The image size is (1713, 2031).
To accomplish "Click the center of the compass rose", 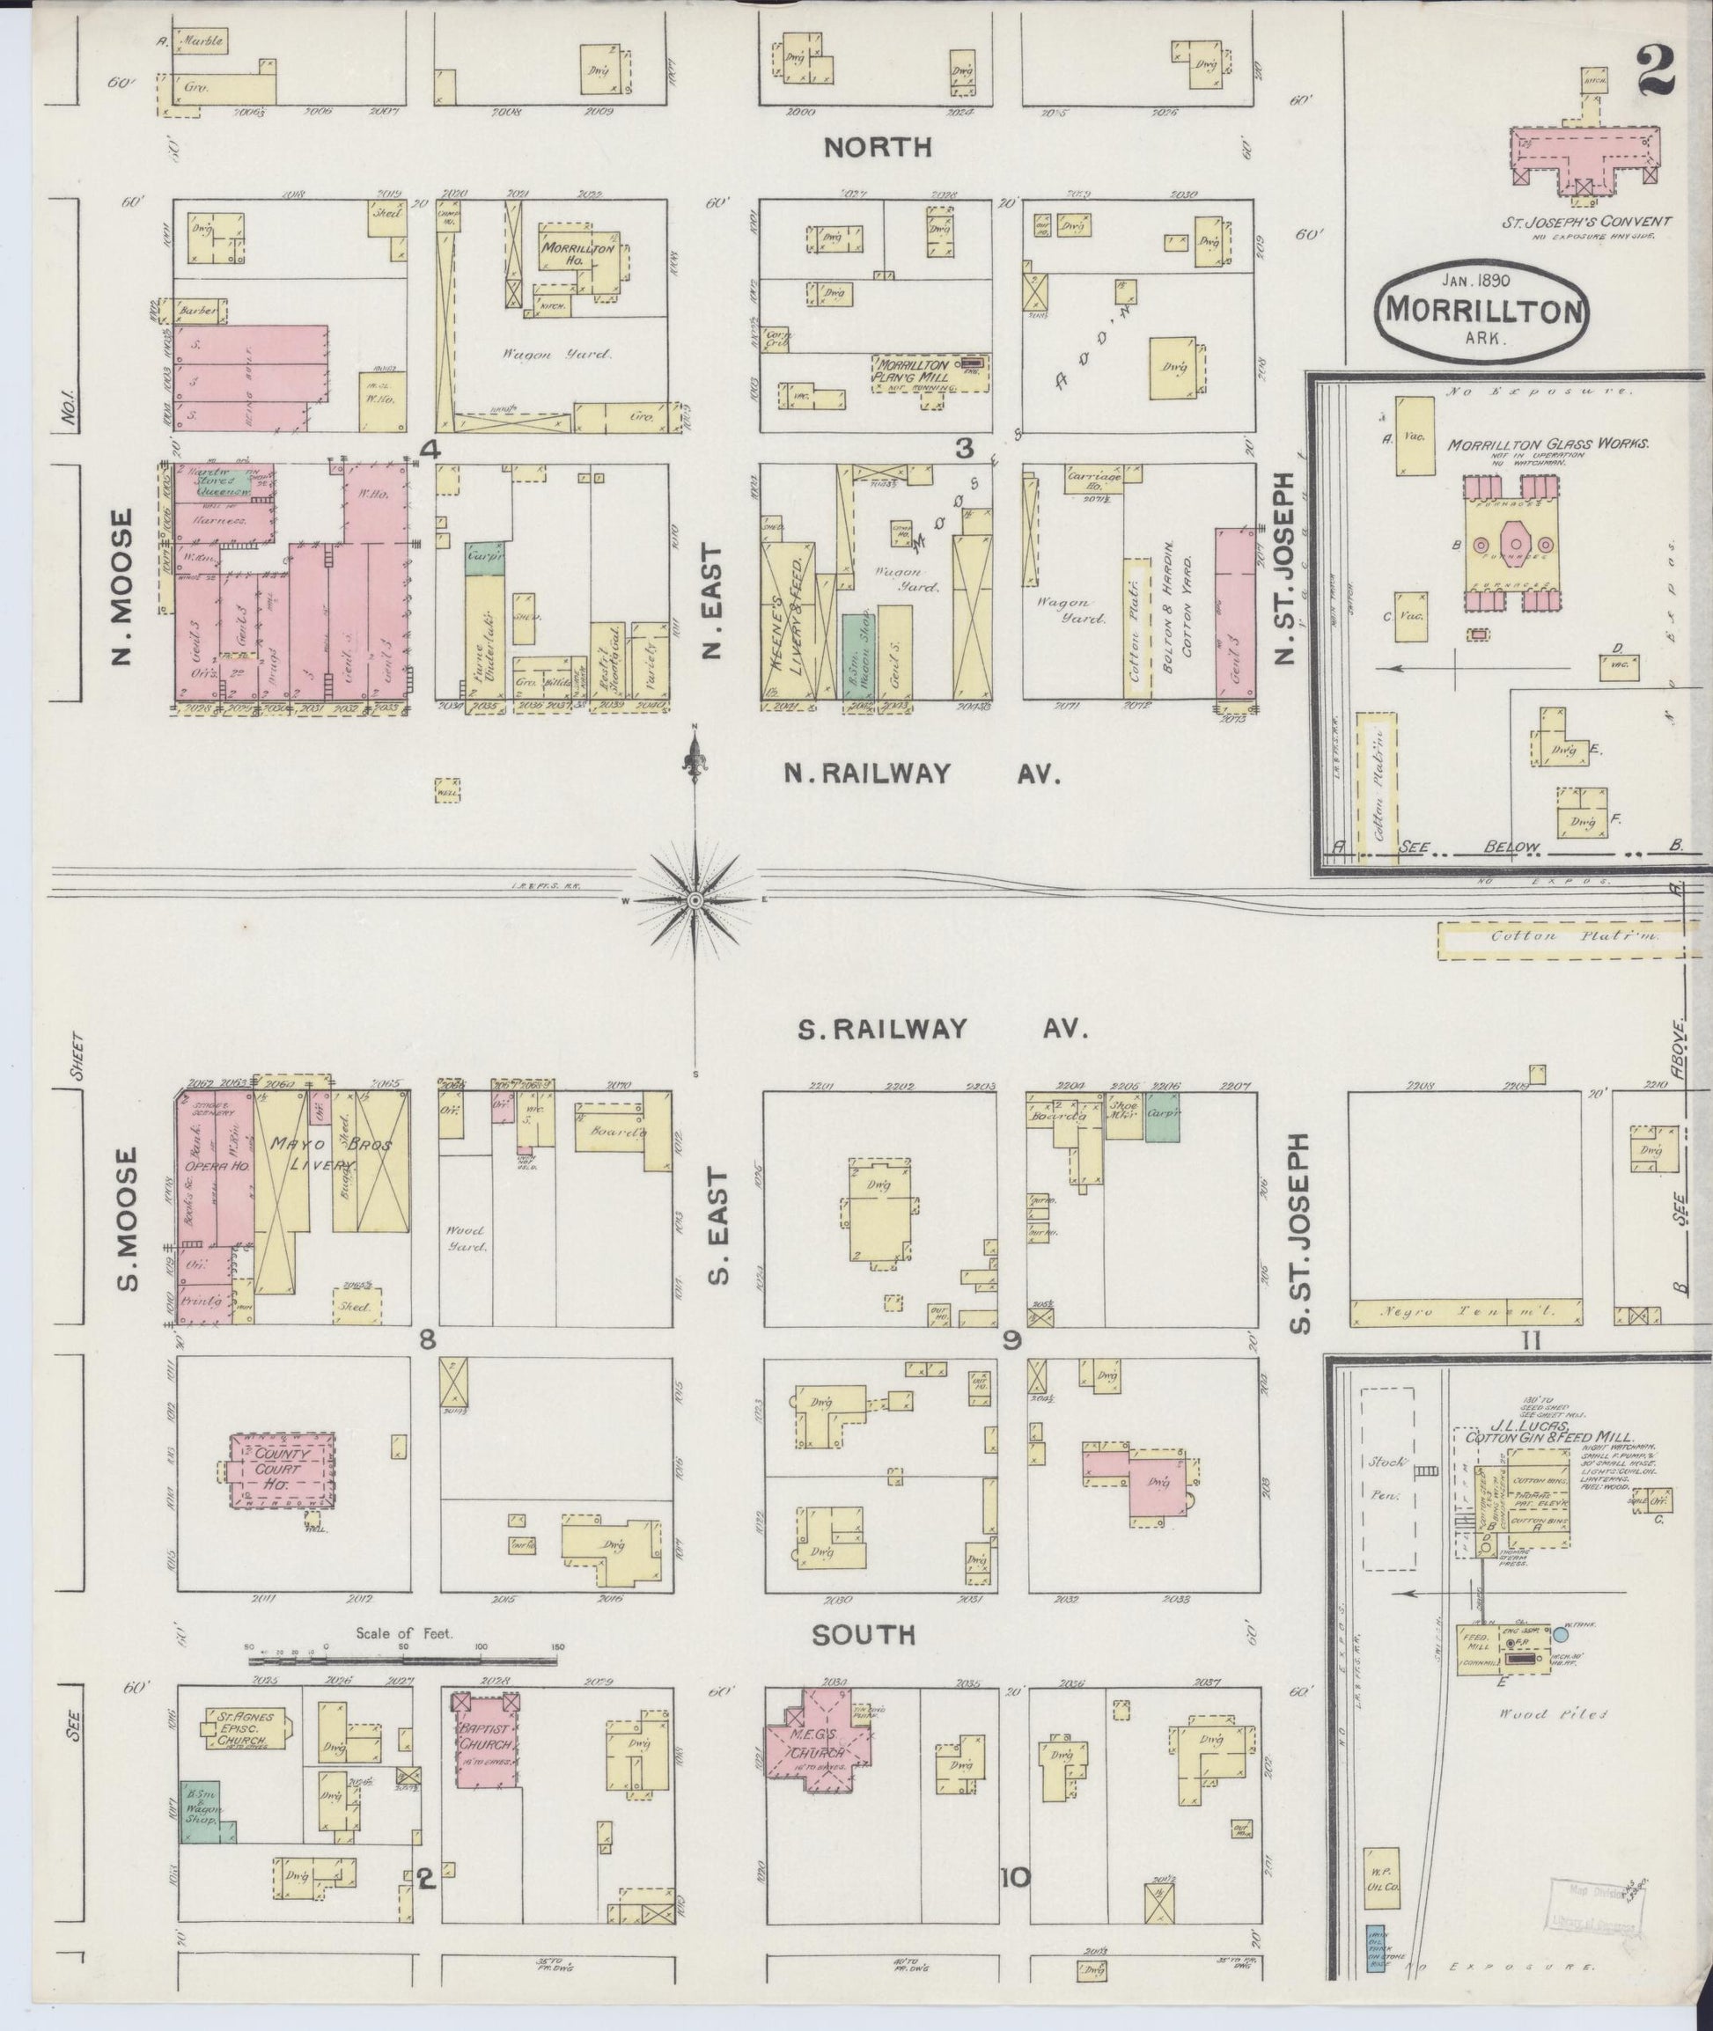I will click(695, 901).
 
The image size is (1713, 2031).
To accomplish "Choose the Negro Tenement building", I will click(1466, 1313).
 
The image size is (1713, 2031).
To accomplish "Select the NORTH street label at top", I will click(877, 148).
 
